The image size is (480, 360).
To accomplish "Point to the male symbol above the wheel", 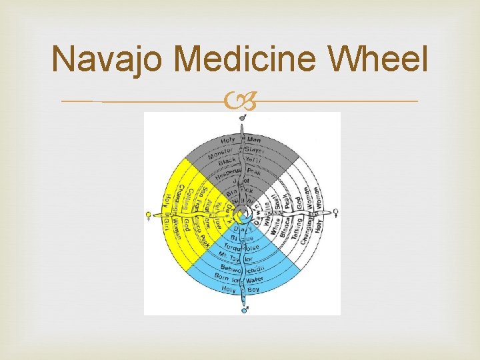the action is click(x=243, y=117).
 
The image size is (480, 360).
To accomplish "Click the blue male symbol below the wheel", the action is click(x=244, y=309).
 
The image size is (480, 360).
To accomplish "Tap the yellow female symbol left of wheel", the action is click(x=149, y=215).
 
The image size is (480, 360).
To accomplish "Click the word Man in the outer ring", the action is click(x=254, y=140).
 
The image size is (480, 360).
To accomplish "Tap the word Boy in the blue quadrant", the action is click(x=253, y=290).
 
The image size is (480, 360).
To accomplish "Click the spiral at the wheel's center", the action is click(x=243, y=215).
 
